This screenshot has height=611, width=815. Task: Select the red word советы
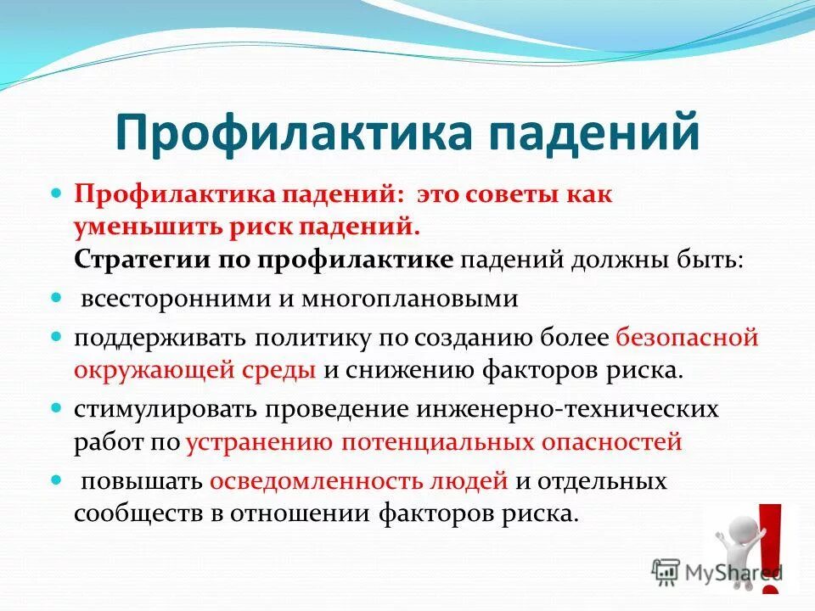point(511,193)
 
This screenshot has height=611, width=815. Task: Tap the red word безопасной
point(687,338)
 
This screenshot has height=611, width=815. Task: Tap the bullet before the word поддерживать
point(58,336)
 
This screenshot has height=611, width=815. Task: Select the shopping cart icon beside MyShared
point(666,570)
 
